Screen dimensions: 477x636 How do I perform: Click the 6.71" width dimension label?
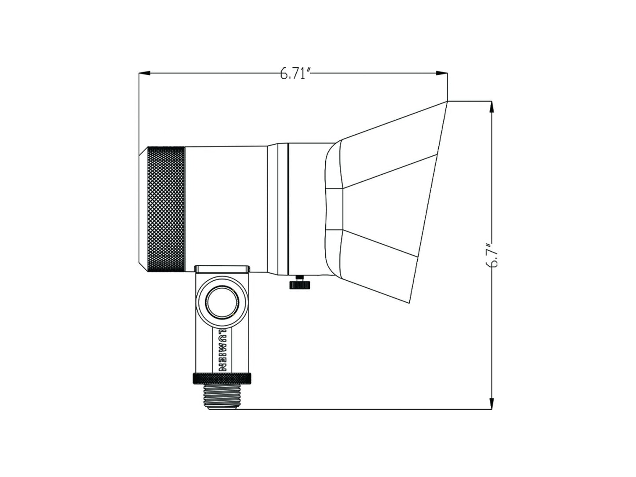click(x=295, y=74)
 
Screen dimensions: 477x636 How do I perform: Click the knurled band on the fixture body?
click(x=165, y=209)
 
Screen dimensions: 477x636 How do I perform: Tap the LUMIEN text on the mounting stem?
click(x=223, y=350)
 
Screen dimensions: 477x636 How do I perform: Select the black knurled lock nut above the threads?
click(x=222, y=378)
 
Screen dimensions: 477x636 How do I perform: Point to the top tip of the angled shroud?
click(x=447, y=102)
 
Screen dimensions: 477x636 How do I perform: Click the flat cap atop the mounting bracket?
click(x=222, y=268)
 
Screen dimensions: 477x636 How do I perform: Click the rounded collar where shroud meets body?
click(x=333, y=209)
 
